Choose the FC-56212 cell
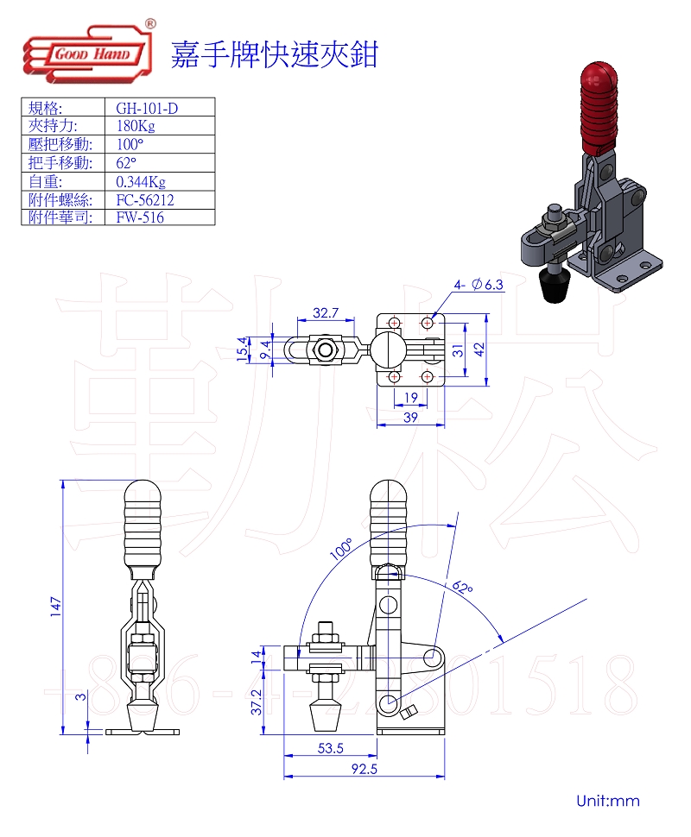pos(145,199)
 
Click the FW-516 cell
pos(139,217)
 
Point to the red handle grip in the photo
pos(597,104)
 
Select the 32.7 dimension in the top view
pos(325,312)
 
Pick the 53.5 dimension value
pos(330,748)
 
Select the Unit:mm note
pos(608,801)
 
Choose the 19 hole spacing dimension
pos(411,398)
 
